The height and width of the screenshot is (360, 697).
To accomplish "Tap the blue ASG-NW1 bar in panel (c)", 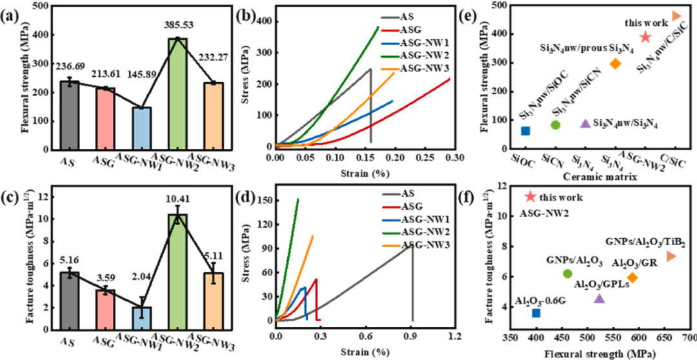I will coord(141,319).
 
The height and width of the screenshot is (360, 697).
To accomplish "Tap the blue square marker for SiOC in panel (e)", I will coord(525,131).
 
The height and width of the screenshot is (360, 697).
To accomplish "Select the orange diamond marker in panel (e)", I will coord(615,63).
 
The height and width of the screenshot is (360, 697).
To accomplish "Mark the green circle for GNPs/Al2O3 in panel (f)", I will coord(567,274).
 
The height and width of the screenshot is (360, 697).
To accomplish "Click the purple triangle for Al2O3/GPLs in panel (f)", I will coord(599,298).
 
